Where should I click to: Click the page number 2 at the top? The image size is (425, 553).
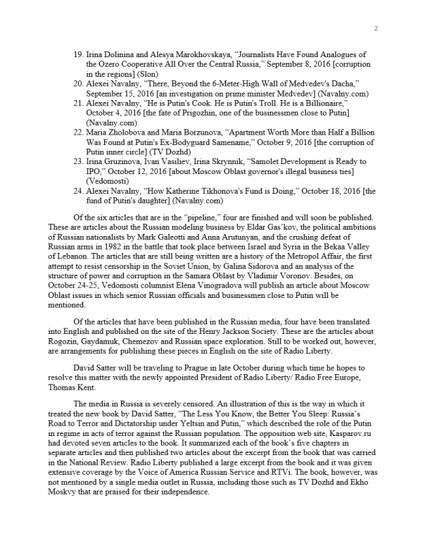click(376, 28)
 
